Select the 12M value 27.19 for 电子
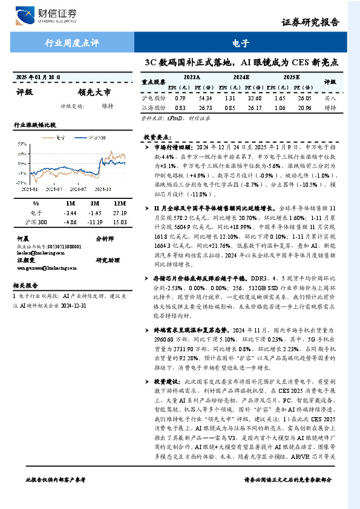pos(119,213)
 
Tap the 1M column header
pos(71,204)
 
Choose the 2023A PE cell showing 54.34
pos(205,97)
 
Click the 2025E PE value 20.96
pos(304,108)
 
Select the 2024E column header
pos(241,77)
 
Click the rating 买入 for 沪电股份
pos(330,97)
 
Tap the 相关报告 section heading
pos(25,285)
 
